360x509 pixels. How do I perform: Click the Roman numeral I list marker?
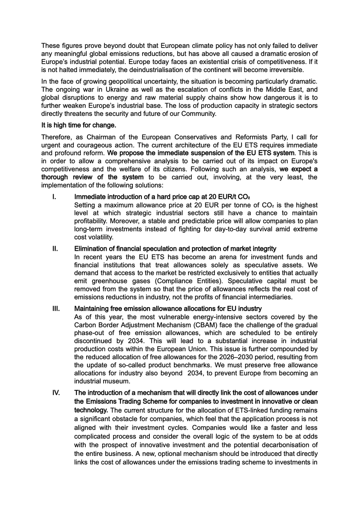coord(54,197)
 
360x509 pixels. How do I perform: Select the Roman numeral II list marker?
coord(55,249)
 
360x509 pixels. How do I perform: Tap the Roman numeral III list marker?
coord(56,308)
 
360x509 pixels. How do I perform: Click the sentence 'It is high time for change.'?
coord(79,125)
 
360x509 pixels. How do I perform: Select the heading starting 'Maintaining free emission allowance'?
coord(168,308)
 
